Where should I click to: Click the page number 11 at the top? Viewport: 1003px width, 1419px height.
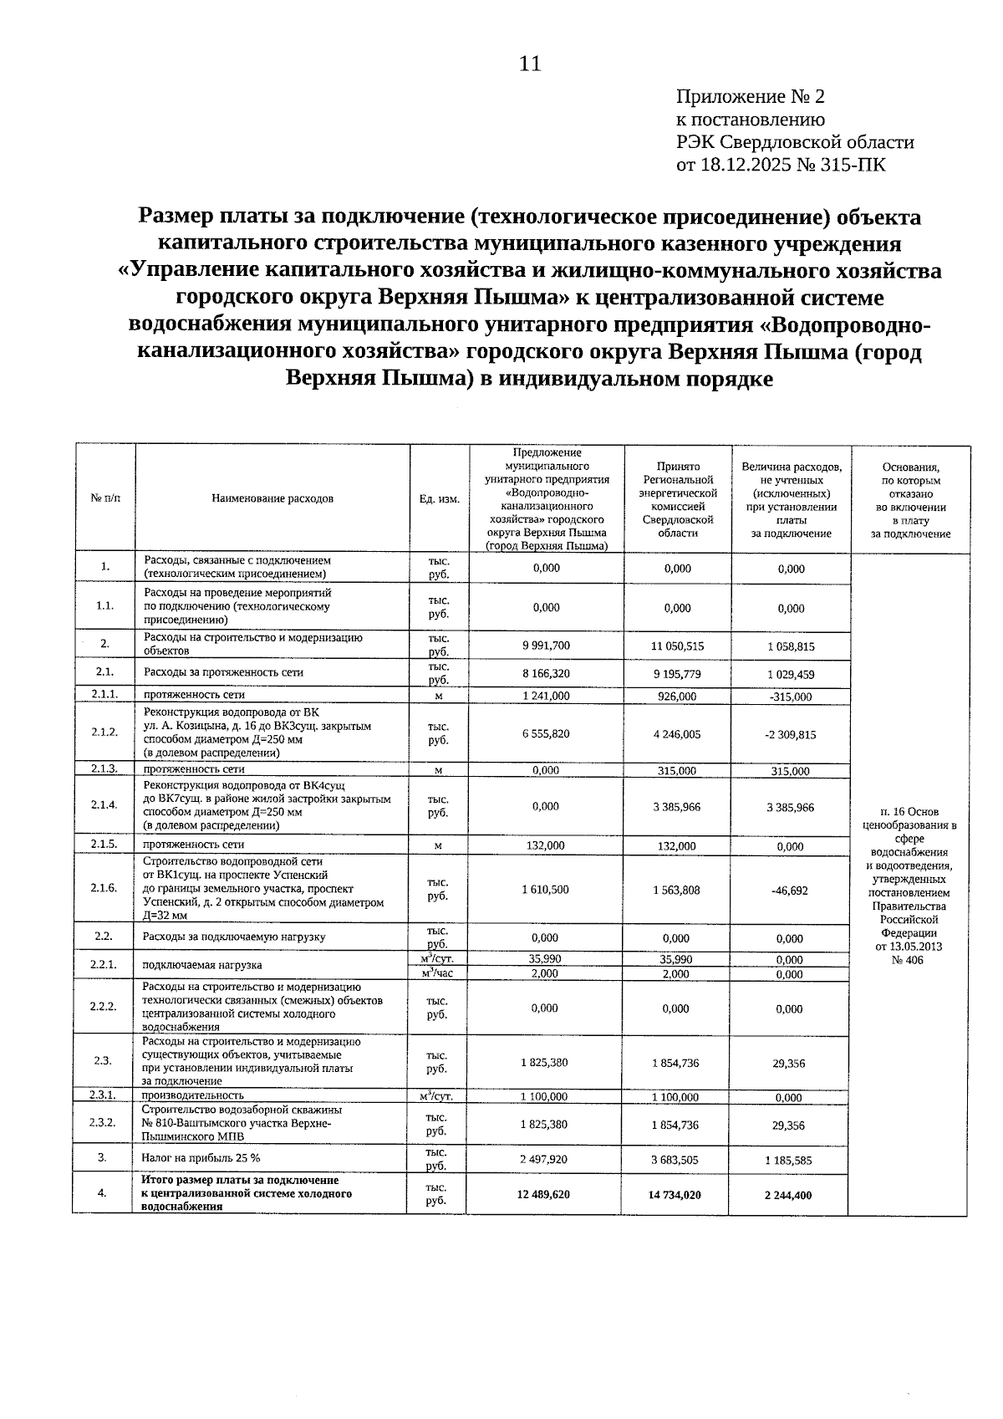coord(530,64)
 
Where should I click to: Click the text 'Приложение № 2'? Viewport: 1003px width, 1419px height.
coord(750,97)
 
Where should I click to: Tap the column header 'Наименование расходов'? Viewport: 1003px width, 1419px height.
coord(272,498)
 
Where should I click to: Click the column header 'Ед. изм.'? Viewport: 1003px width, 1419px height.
coord(439,498)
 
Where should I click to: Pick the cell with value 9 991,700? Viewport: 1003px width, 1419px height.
coord(546,645)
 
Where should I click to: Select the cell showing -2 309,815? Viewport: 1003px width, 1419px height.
coord(790,734)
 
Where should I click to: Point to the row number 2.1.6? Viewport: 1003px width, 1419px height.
coord(104,888)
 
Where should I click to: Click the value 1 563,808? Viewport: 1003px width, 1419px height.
coord(676,890)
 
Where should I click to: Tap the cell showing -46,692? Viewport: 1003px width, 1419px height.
coord(790,891)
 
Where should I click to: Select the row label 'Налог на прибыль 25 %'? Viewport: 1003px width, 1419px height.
coord(201,1158)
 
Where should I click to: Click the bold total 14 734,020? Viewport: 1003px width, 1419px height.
coord(675,1195)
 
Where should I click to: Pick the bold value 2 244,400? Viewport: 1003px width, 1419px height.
coord(787,1195)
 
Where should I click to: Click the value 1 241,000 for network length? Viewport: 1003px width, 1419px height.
coord(546,696)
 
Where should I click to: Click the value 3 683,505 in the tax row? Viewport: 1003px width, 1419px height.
coord(675,1160)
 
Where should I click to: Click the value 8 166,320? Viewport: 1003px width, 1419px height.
coord(546,672)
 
